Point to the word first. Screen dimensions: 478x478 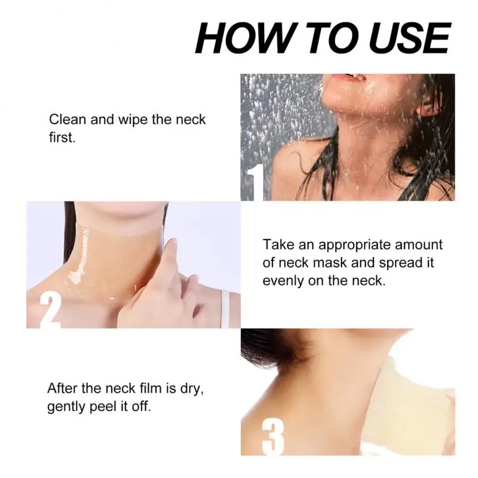click(x=62, y=137)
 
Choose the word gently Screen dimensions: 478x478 click(x=68, y=407)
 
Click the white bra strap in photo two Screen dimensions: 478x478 click(x=225, y=308)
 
